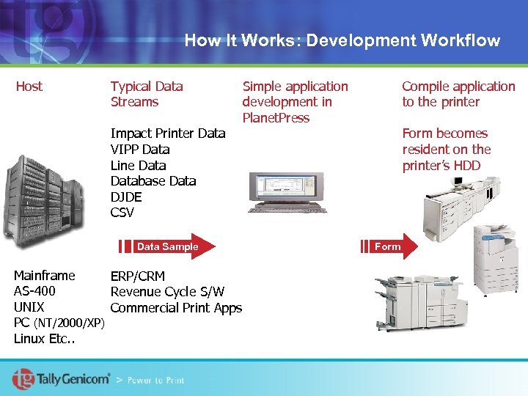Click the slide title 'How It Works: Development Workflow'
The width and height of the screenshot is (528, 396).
click(x=342, y=40)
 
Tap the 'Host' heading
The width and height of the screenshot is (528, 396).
click(x=29, y=87)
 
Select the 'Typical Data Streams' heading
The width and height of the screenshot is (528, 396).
click(x=147, y=94)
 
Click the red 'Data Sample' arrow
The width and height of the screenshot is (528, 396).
click(x=169, y=246)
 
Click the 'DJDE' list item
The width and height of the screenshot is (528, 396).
click(x=126, y=197)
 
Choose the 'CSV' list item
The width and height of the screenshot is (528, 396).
click(x=122, y=213)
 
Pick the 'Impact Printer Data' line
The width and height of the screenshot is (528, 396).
click(x=167, y=133)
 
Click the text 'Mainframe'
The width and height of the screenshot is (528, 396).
click(x=45, y=276)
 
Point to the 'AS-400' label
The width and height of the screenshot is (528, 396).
click(x=34, y=292)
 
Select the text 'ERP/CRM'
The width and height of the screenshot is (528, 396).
click(x=138, y=276)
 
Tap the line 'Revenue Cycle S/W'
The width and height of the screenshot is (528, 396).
click(x=167, y=293)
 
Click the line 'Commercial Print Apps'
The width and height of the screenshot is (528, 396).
click(x=176, y=308)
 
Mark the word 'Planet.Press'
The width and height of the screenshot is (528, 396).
click(x=276, y=118)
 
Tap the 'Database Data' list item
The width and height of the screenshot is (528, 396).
click(x=153, y=181)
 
